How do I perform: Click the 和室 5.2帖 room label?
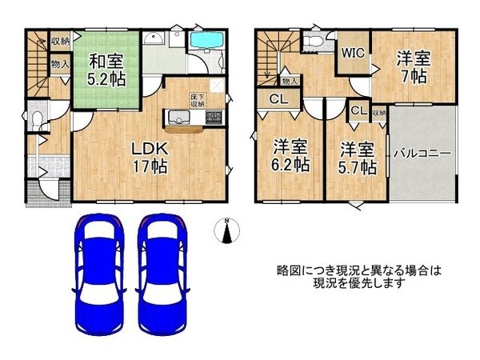click(106, 70)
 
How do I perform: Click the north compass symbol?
click(227, 230)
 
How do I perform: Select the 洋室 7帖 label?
click(414, 68)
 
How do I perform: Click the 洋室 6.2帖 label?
click(290, 156)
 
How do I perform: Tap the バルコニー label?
click(421, 153)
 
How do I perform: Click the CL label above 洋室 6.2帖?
click(275, 100)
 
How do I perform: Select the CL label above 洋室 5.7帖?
click(358, 110)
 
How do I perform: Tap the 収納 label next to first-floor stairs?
click(59, 40)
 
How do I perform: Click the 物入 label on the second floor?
click(290, 81)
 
